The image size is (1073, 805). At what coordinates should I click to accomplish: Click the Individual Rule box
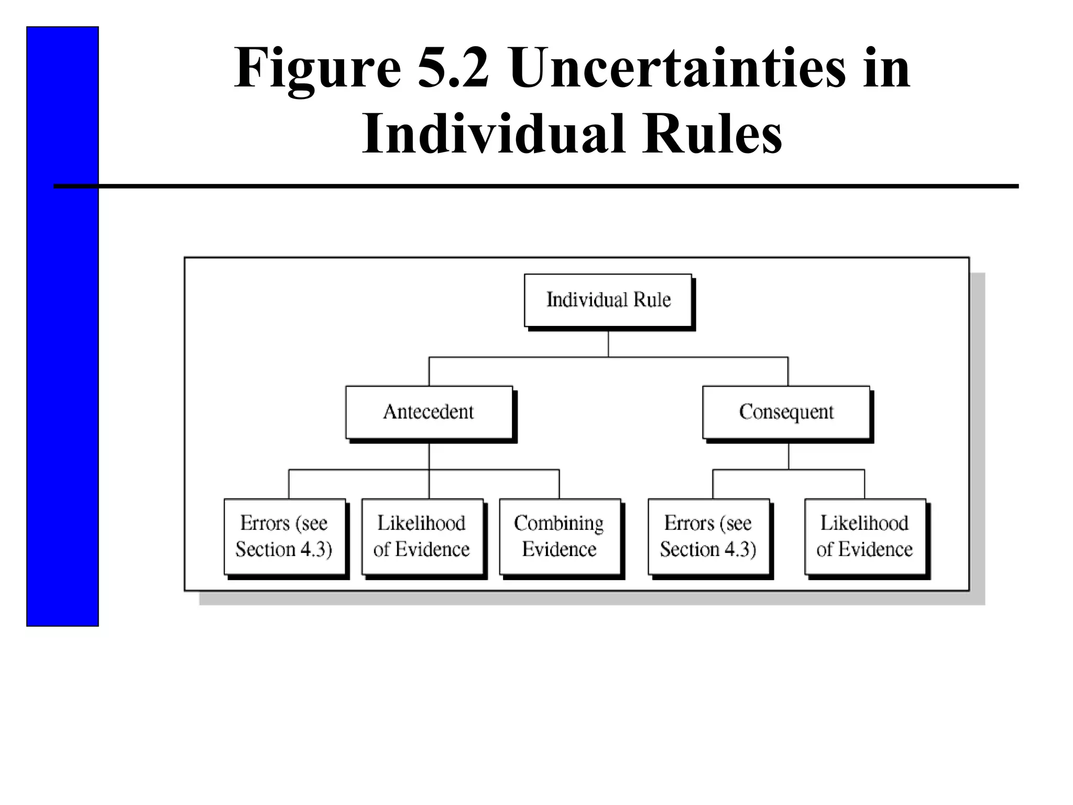(608, 300)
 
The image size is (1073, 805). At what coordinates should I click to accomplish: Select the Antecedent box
(429, 412)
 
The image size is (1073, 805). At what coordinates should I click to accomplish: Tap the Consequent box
(786, 412)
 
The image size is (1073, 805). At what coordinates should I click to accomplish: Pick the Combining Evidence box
(559, 536)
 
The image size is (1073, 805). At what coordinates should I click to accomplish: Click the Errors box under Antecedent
(284, 536)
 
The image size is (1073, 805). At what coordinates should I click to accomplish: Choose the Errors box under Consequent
(708, 536)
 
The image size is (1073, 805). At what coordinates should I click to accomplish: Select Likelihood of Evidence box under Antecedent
(422, 536)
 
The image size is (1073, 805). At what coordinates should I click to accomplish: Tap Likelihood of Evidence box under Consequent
(864, 536)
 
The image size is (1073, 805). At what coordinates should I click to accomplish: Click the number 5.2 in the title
(453, 68)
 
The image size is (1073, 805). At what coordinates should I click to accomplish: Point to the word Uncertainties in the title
(677, 68)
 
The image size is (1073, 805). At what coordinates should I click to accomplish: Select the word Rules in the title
(713, 134)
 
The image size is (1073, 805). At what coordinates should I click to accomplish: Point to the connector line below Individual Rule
(608, 343)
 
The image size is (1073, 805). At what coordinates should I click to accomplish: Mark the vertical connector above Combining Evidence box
(559, 484)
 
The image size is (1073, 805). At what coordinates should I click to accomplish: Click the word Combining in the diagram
(559, 524)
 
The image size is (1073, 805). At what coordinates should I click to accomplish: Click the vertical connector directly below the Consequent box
(789, 455)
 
